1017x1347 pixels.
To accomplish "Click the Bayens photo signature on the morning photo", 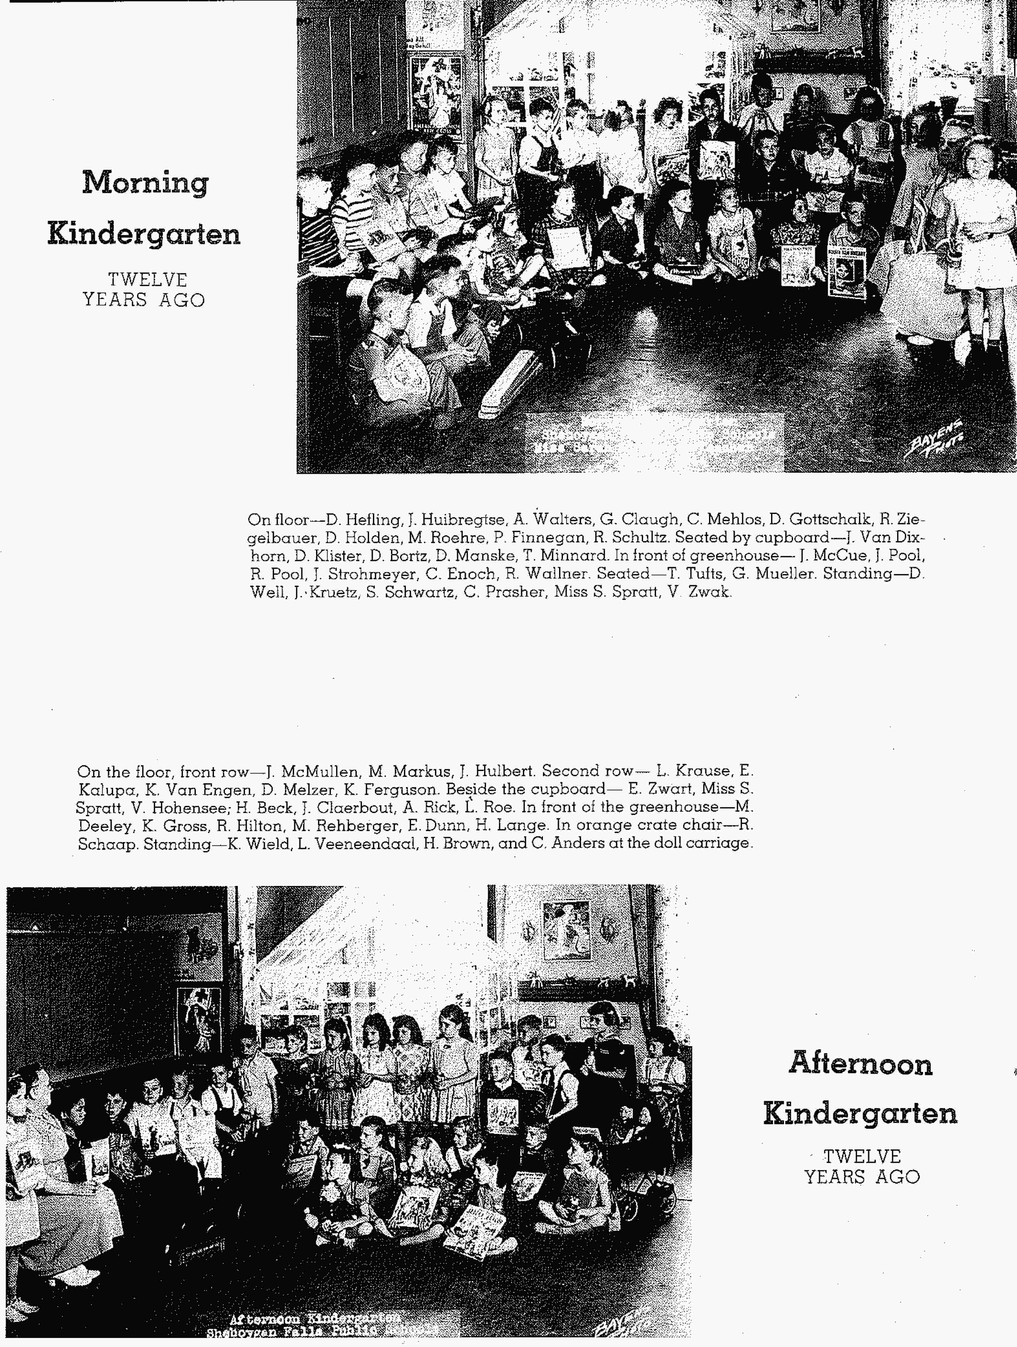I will pyautogui.click(x=934, y=438).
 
